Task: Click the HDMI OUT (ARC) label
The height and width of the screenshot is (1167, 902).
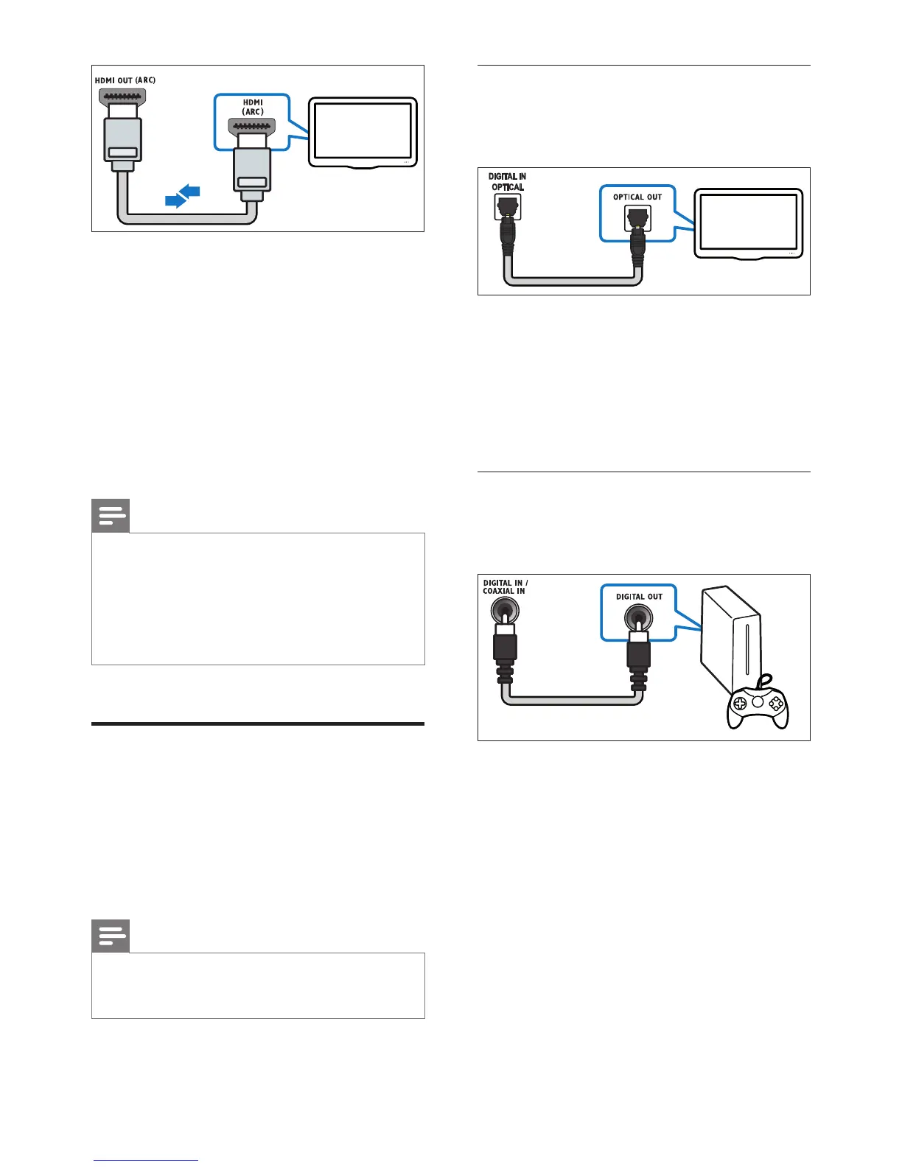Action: [x=125, y=80]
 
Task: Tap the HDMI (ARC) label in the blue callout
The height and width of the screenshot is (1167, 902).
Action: [x=253, y=107]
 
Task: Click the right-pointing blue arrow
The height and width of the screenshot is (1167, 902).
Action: [x=175, y=200]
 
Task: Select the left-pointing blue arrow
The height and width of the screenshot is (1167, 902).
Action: [x=190, y=192]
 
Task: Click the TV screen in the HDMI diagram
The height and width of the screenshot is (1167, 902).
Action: [x=363, y=130]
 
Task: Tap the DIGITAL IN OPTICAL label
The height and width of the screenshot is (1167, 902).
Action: [x=507, y=182]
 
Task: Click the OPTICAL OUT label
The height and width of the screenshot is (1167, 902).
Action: [x=637, y=197]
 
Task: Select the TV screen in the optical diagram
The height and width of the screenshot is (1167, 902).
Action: [x=748, y=222]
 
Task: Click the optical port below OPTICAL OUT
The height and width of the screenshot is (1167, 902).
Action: [x=637, y=217]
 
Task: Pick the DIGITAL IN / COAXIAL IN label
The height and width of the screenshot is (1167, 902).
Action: [x=505, y=586]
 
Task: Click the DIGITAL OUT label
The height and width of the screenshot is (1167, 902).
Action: [x=639, y=597]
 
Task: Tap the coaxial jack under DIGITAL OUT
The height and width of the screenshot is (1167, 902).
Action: [x=638, y=615]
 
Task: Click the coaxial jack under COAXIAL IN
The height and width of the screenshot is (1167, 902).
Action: [x=505, y=611]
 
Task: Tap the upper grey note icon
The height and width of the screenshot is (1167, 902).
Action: [x=111, y=516]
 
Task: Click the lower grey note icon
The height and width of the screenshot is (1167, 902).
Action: [x=111, y=936]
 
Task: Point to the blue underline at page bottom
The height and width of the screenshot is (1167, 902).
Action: [x=146, y=1161]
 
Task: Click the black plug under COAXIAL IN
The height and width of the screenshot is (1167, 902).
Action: [x=505, y=648]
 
